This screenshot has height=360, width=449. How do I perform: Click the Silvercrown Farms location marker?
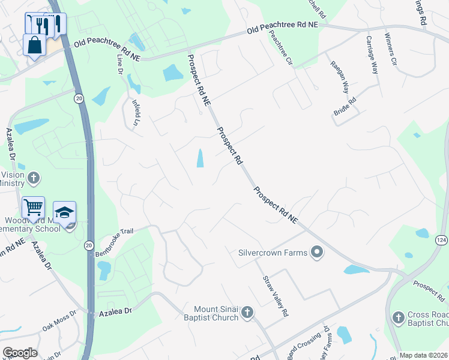[x=317, y=253]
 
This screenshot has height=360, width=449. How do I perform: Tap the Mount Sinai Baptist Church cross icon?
[x=247, y=312]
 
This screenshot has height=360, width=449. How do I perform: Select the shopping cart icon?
[x=34, y=208]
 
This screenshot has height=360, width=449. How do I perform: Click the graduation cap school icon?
[x=64, y=212]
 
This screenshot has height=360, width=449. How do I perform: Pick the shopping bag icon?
[x=35, y=44]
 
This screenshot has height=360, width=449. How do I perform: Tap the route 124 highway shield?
[x=441, y=240]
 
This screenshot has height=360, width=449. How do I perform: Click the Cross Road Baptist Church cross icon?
[x=397, y=317]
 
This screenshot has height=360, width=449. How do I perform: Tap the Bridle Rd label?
[x=345, y=107]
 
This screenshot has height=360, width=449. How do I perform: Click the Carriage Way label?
[x=373, y=55]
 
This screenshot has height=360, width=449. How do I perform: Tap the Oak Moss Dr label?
[x=59, y=320]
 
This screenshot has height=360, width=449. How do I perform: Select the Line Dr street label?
[x=120, y=65]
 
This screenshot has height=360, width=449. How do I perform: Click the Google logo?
[x=20, y=353]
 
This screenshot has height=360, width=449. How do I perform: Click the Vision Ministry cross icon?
[x=34, y=178]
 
